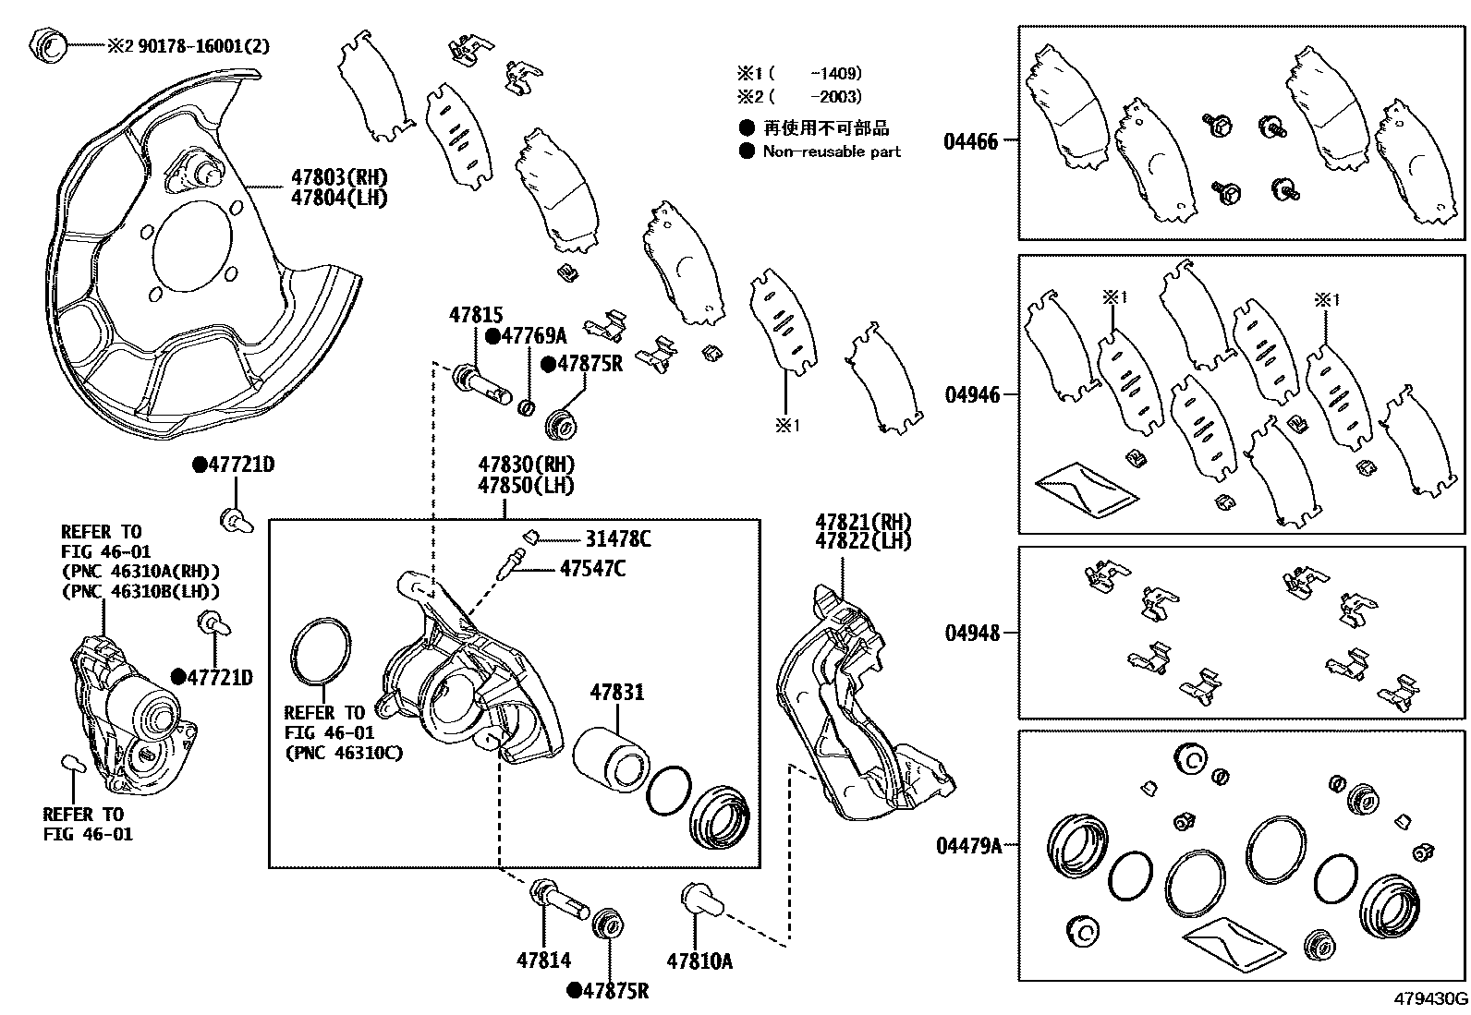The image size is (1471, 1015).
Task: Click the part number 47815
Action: click(x=476, y=315)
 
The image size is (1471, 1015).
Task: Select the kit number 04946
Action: click(x=972, y=395)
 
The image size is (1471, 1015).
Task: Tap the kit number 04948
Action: click(x=972, y=634)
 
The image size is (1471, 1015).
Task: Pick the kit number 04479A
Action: click(x=967, y=845)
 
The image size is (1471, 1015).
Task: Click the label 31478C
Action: click(x=617, y=539)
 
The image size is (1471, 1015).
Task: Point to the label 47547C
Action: click(x=591, y=569)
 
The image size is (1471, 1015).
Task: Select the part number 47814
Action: click(x=543, y=961)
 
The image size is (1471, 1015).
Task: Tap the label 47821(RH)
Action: click(x=862, y=521)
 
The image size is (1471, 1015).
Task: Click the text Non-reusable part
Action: click(x=832, y=151)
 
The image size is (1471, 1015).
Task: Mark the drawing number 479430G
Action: click(x=1430, y=1000)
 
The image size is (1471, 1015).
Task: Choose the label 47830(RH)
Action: click(x=526, y=465)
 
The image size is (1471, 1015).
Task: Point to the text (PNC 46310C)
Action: click(x=344, y=753)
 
